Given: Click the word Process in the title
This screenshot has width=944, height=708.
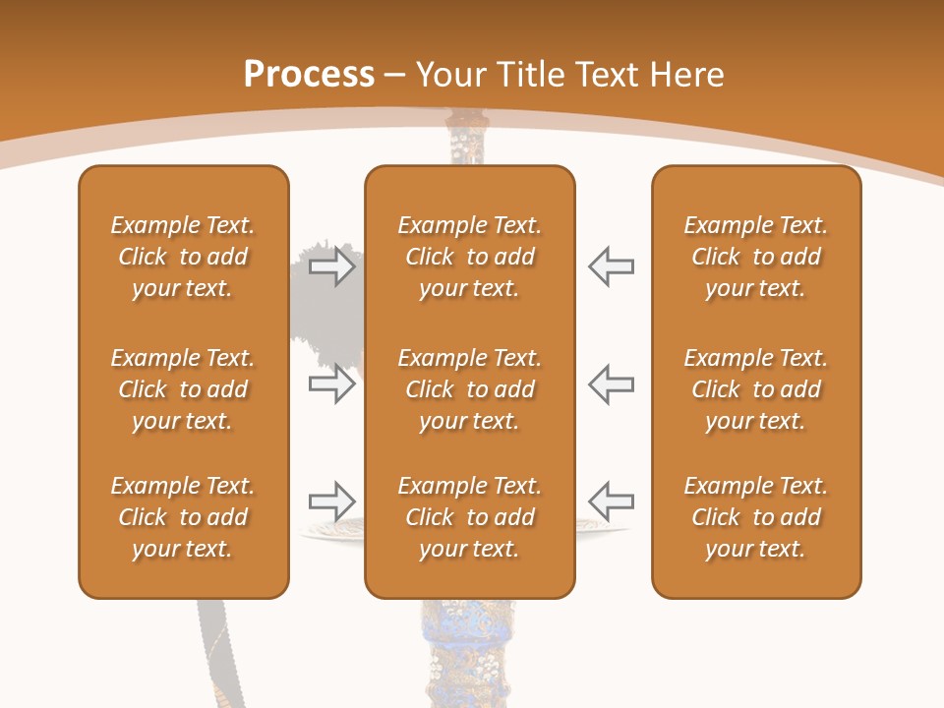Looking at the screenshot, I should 309,75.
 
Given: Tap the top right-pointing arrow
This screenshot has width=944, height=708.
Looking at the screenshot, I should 331,266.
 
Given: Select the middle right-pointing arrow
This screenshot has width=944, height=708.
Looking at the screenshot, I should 331,383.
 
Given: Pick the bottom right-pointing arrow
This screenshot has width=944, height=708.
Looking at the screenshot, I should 331,501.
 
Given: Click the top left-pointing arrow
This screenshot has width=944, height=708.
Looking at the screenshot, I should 611,266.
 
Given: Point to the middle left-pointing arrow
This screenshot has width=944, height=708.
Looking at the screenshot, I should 611,383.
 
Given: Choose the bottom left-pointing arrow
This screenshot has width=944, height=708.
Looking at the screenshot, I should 611,501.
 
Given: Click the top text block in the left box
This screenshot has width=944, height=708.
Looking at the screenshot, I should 183,257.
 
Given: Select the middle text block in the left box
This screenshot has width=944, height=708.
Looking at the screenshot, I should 183,389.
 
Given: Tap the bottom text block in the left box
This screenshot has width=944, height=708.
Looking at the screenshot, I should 183,517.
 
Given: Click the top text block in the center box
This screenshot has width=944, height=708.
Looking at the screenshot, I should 469,257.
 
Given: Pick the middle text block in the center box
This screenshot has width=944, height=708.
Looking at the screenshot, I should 469,389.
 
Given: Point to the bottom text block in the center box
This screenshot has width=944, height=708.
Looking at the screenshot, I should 469,517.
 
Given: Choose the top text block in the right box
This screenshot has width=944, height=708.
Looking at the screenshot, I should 755,257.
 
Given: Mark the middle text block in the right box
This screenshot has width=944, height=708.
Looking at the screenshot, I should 755,389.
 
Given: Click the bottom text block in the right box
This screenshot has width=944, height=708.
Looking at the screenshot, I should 755,517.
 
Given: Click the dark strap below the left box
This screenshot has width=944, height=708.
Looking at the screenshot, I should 213,654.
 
